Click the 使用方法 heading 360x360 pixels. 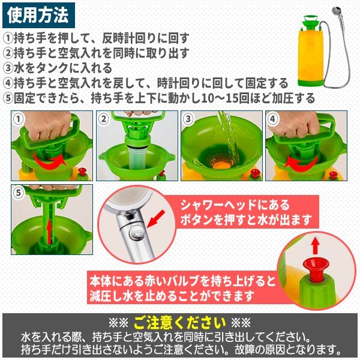coord(38,16)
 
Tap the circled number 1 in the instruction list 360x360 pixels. coord(8,38)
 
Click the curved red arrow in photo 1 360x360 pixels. coord(50,161)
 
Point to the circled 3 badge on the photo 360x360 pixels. coord(188,119)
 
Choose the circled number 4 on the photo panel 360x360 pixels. coord(273,119)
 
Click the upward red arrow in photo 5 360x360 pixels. coord(49,231)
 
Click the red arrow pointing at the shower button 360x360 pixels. coord(155,219)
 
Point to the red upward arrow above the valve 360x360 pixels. coord(316,245)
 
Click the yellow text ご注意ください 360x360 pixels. coord(180,323)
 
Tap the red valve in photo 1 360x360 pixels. coord(82,172)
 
